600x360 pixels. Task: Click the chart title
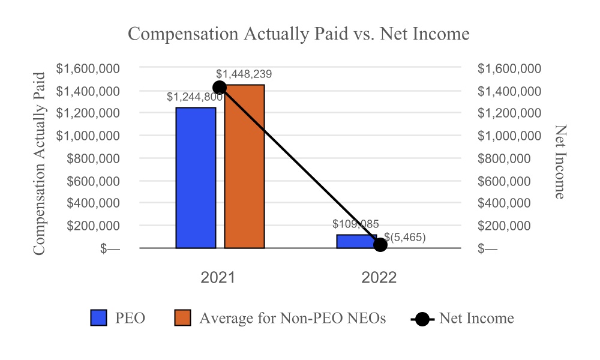click(x=299, y=34)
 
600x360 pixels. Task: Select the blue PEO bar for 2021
click(x=196, y=178)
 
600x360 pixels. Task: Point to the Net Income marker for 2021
click(x=220, y=87)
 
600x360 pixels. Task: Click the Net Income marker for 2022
click(x=380, y=245)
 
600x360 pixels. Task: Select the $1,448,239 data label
click(x=244, y=74)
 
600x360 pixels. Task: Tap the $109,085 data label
click(x=356, y=224)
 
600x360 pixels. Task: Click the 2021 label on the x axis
click(x=218, y=278)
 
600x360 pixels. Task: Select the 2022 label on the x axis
click(x=379, y=278)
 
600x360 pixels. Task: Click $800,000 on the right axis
click(x=504, y=158)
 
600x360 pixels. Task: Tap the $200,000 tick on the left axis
click(x=92, y=226)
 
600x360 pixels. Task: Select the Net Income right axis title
click(x=560, y=162)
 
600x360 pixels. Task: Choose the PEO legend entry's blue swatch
click(x=98, y=318)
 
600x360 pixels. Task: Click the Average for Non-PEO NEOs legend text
click(x=292, y=318)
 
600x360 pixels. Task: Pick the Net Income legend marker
click(x=422, y=319)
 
